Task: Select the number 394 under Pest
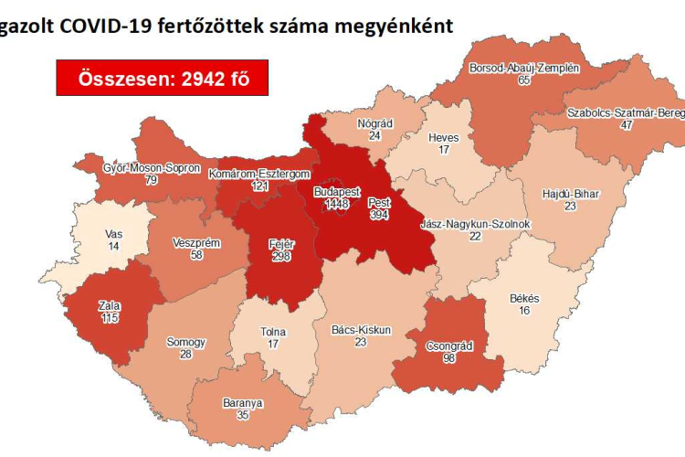pos(379,214)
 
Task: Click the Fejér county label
pos(280,246)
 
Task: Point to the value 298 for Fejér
pos(280,258)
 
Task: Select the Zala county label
pos(110,304)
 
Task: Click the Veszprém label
pos(193,244)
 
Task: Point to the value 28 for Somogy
pos(185,355)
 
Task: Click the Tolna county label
pos(273,332)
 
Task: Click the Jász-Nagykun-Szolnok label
pos(475,224)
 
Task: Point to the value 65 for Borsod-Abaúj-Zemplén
pos(523,81)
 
